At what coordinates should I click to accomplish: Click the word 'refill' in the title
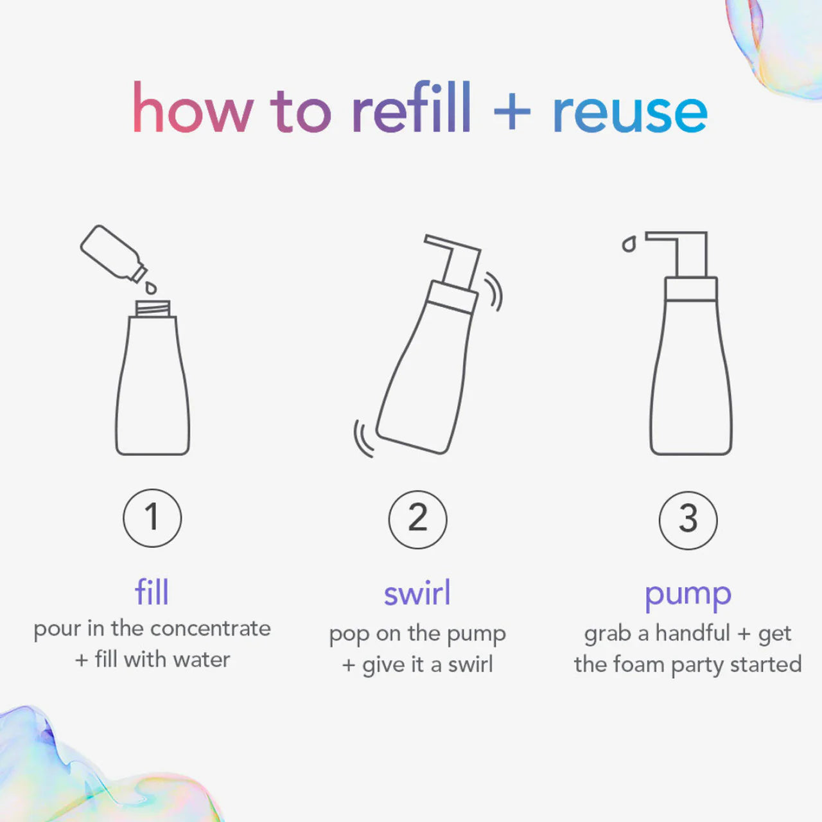pyautogui.click(x=412, y=107)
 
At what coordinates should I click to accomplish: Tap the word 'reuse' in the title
pyautogui.click(x=630, y=114)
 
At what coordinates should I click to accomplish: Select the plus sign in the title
pyautogui.click(x=512, y=112)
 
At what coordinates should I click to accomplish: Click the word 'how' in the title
pyautogui.click(x=193, y=107)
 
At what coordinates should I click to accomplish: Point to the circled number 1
pyautogui.click(x=152, y=518)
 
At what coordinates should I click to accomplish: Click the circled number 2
pyautogui.click(x=417, y=519)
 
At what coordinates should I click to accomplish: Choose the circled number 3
pyautogui.click(x=688, y=520)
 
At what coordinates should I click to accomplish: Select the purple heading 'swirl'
pyautogui.click(x=417, y=593)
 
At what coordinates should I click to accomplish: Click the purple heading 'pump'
pyautogui.click(x=688, y=597)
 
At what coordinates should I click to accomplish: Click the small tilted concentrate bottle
pyautogui.click(x=114, y=254)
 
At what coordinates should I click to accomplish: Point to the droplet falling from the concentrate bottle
pyautogui.click(x=150, y=288)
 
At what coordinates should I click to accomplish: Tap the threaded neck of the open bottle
pyautogui.click(x=153, y=308)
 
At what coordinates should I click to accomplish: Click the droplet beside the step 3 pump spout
pyautogui.click(x=629, y=245)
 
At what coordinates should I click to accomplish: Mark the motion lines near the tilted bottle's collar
pyautogui.click(x=494, y=292)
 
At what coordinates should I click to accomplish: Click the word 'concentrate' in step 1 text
pyautogui.click(x=211, y=629)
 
